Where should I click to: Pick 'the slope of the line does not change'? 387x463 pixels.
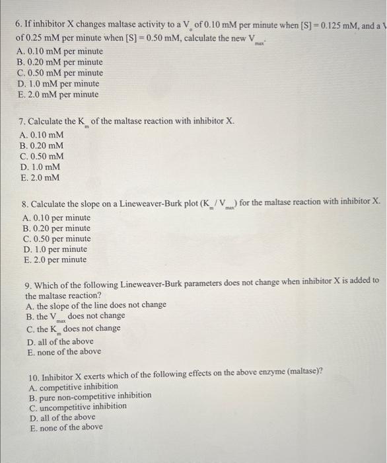click(97, 306)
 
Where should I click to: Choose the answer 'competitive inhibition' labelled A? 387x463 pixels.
click(74, 386)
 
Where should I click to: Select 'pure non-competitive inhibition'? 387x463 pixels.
click(90, 396)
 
